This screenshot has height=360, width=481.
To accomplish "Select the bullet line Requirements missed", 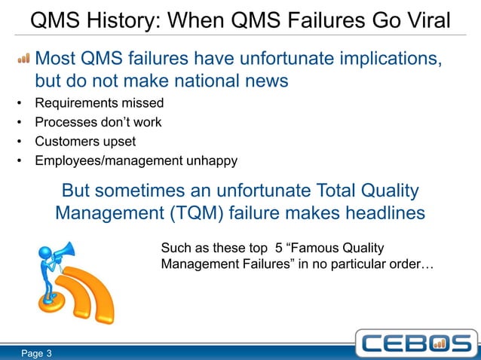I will point(99,103).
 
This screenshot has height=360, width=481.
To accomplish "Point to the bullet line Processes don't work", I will point(98,122).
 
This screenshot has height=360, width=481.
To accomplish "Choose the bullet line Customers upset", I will point(85,141).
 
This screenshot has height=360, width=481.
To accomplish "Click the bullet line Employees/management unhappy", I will point(136,160).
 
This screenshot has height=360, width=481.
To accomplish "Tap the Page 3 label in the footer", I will point(35,352).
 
